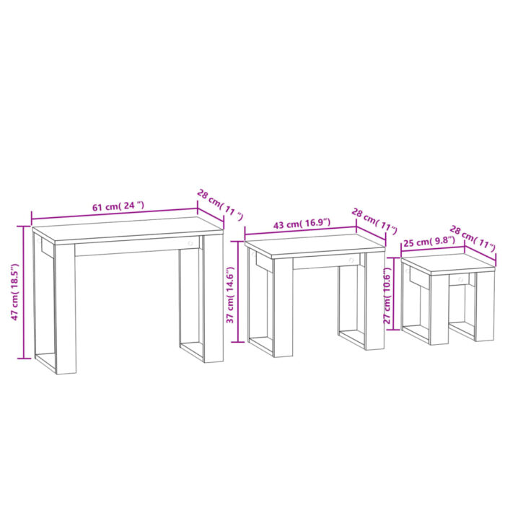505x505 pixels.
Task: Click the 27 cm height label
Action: (x=387, y=294)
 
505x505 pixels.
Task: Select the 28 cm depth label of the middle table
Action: (x=374, y=221)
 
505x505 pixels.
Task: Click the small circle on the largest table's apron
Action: (x=190, y=244)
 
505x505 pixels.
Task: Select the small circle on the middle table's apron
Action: (x=351, y=260)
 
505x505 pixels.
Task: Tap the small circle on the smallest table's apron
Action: (x=460, y=277)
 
